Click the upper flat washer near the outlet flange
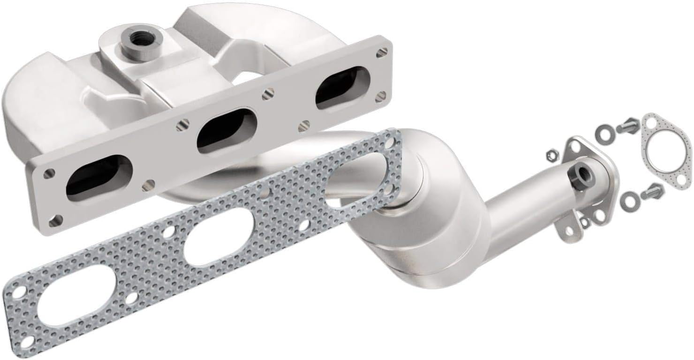(603, 134)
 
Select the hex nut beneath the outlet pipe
(584, 223)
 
